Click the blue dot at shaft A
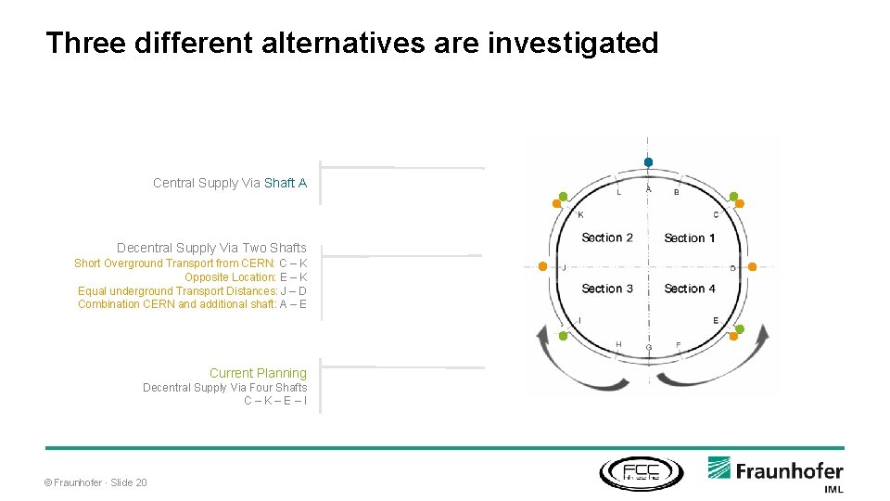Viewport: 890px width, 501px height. click(648, 162)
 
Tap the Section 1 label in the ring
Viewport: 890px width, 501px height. click(689, 238)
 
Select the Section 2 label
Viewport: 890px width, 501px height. click(607, 238)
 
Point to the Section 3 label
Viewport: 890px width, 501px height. click(607, 289)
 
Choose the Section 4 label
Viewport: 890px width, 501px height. click(689, 289)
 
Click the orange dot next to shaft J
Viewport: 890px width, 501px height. click(542, 266)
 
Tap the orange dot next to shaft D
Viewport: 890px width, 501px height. click(752, 267)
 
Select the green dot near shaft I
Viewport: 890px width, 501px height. click(562, 335)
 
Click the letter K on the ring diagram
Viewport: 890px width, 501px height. click(580, 215)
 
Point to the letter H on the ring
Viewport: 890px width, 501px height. click(618, 344)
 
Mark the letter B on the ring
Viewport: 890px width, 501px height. click(676, 192)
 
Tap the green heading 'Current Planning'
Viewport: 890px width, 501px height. click(258, 373)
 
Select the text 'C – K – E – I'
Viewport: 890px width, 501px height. click(275, 401)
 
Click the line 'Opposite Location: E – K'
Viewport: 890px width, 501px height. click(246, 277)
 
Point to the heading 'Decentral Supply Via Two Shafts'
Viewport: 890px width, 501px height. click(211, 248)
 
